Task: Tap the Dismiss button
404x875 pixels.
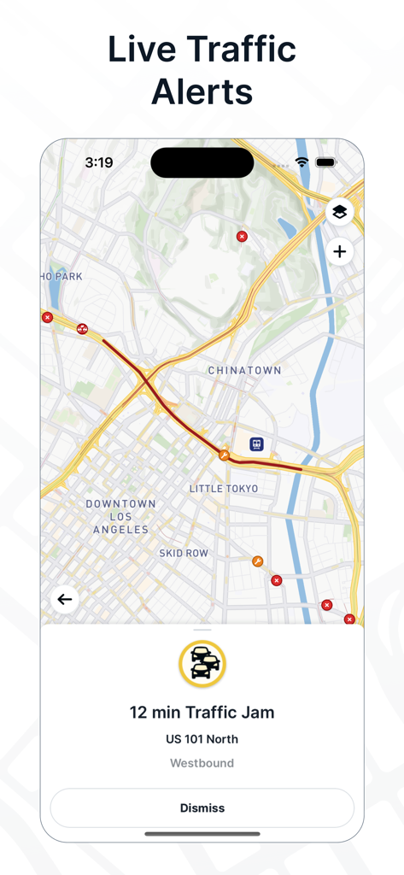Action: click(x=202, y=807)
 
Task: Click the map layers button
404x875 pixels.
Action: click(x=339, y=212)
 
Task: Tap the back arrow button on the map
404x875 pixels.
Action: click(x=65, y=599)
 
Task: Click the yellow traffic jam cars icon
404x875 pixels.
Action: click(x=202, y=663)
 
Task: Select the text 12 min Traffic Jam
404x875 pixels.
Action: click(x=202, y=712)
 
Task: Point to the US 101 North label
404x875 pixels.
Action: click(x=202, y=739)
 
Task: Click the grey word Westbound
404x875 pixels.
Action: click(x=202, y=763)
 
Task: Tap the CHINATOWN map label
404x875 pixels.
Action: click(x=244, y=371)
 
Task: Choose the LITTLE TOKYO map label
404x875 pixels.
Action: click(x=224, y=489)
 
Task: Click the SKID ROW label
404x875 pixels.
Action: click(x=184, y=554)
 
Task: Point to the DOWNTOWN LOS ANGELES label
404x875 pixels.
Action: click(x=120, y=517)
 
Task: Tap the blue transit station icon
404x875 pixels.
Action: click(x=256, y=443)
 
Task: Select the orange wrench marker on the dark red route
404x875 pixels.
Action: click(x=224, y=455)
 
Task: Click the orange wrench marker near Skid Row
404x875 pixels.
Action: click(x=258, y=561)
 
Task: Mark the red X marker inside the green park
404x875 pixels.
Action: click(x=242, y=236)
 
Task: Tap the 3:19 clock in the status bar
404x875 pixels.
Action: click(x=99, y=162)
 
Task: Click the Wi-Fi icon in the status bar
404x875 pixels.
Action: click(x=302, y=162)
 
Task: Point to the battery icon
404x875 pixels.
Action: click(x=325, y=162)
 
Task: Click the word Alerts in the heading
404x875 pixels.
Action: click(x=202, y=91)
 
